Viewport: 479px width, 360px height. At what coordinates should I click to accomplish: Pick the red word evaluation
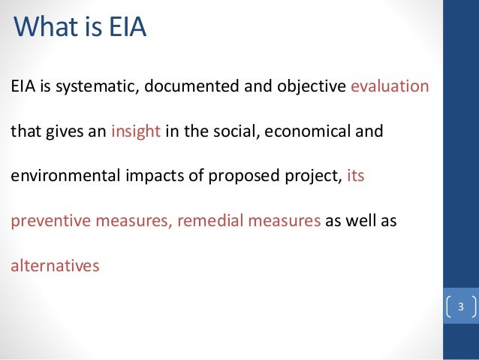(x=390, y=86)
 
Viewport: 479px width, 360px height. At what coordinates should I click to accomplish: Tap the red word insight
(x=136, y=132)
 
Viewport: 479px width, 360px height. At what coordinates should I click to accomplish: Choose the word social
(x=232, y=132)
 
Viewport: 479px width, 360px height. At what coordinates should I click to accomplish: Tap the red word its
(x=355, y=177)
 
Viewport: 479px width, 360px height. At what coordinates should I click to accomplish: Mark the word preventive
(x=43, y=222)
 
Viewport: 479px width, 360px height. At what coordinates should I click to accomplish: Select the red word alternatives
(x=54, y=266)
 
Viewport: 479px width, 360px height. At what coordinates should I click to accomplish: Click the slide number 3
(x=459, y=307)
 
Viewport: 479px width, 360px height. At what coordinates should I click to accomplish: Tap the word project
(x=299, y=177)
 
